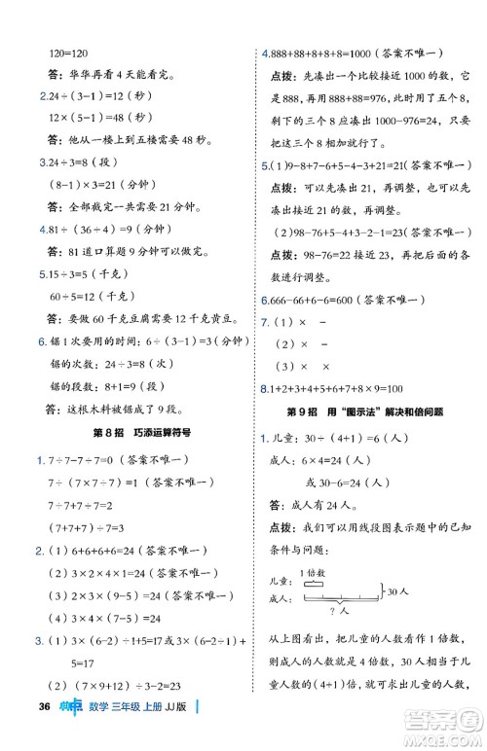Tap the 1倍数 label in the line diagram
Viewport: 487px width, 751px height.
pos(312,571)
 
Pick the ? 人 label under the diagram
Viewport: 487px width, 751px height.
pos(340,610)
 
